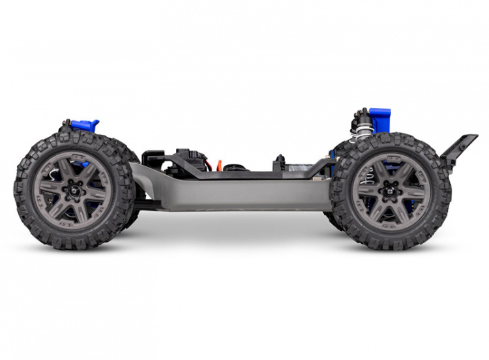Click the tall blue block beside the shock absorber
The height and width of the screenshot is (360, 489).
[x=379, y=120]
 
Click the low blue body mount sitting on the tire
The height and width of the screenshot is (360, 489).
[x=85, y=125]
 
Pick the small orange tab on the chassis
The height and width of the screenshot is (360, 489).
[x=219, y=165]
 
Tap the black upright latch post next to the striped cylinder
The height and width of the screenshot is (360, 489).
[x=280, y=162]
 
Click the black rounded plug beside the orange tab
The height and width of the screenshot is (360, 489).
[x=233, y=168]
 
